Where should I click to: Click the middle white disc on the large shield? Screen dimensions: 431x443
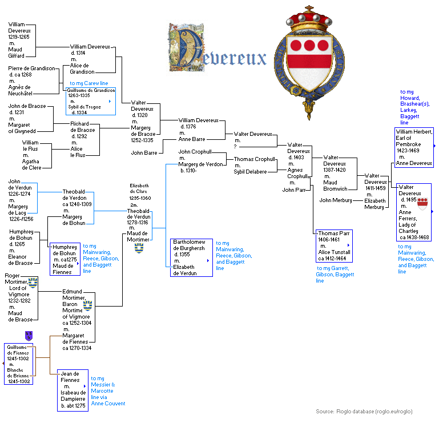309,46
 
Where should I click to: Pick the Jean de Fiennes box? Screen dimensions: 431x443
73,390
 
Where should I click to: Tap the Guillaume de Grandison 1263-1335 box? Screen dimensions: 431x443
91,101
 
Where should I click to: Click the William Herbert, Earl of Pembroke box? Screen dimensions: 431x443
414,147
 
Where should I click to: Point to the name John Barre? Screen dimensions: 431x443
144,153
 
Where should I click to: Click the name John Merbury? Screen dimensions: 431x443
335,200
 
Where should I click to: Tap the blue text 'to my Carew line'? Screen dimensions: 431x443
88,83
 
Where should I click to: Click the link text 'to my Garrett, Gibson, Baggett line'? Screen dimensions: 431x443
335,275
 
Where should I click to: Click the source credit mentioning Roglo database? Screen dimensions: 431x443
364,411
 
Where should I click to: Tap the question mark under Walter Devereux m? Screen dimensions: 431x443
234,147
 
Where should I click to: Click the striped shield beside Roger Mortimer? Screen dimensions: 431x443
33,283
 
